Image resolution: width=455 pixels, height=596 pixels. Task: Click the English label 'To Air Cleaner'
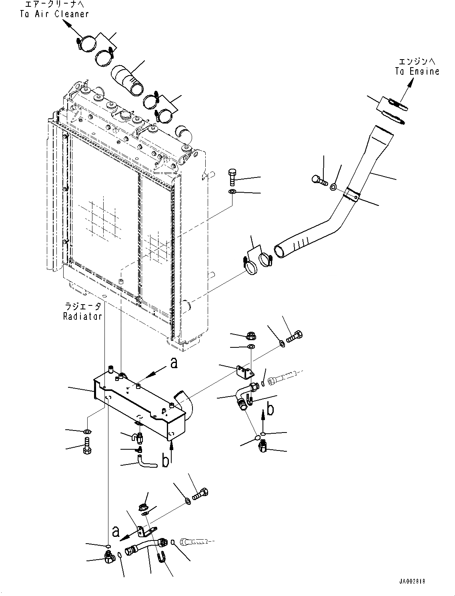click(x=54, y=14)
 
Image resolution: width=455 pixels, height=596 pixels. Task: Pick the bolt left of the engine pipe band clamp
click(x=319, y=180)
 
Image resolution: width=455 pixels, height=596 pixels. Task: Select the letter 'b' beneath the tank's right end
click(x=165, y=461)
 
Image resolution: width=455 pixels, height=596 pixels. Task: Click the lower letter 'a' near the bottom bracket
click(x=116, y=531)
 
